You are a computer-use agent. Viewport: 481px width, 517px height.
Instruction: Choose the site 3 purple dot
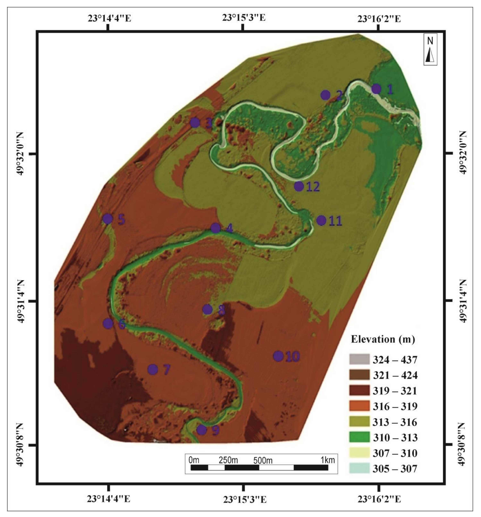(x=195, y=123)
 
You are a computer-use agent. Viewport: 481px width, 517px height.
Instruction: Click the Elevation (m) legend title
(x=383, y=339)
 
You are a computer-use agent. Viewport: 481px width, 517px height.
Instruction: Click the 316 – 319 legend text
(x=395, y=406)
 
